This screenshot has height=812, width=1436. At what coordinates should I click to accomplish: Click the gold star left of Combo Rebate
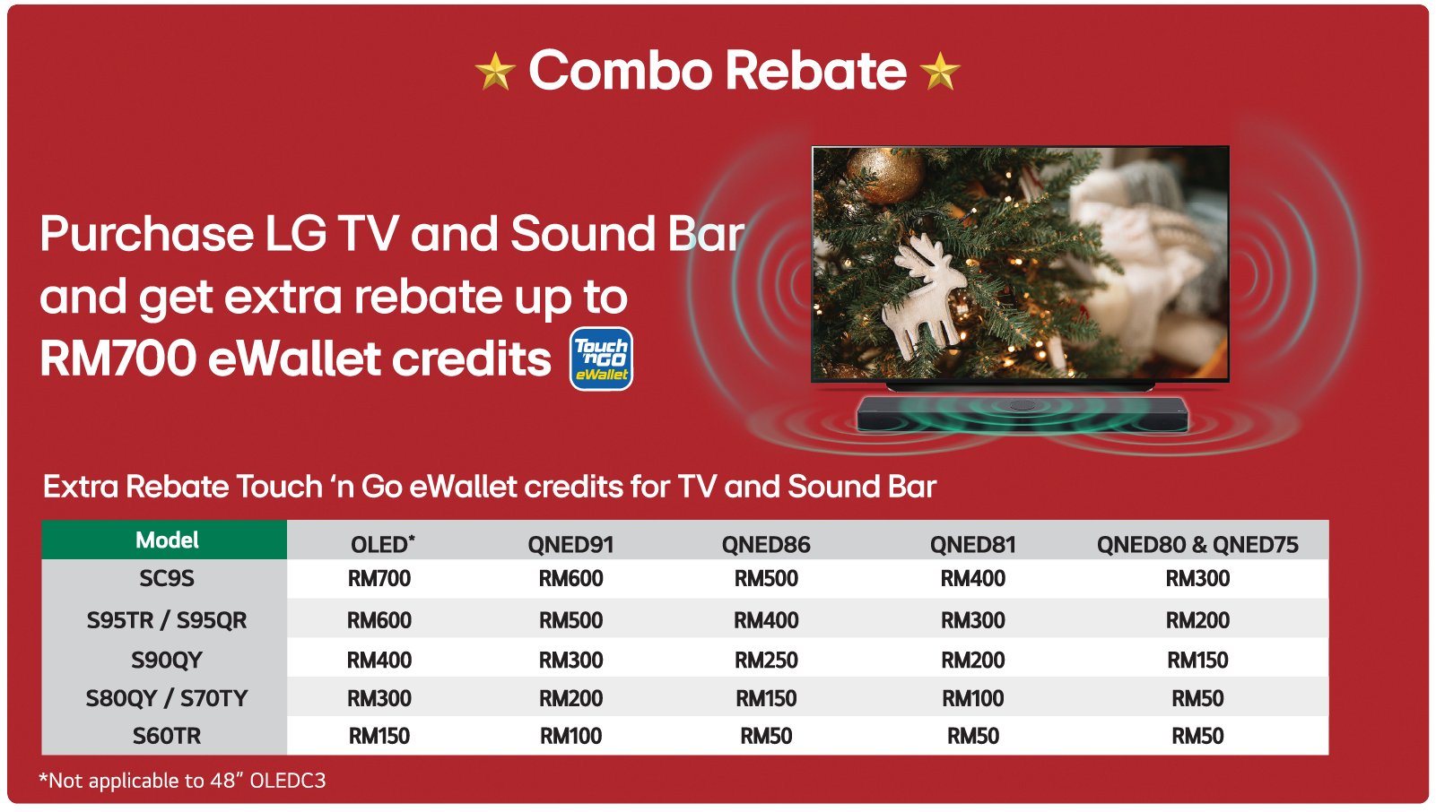(495, 71)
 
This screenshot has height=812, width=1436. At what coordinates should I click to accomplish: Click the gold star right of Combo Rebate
(940, 71)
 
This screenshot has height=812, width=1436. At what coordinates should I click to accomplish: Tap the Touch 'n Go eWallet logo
(601, 358)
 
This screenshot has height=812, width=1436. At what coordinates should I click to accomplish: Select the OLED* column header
(383, 544)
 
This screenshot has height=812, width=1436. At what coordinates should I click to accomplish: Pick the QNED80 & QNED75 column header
(1197, 544)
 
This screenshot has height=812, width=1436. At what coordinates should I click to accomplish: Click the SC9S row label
(167, 578)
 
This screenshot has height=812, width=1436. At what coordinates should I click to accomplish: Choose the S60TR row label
(167, 736)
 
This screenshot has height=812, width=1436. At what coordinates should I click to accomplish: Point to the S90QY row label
(167, 660)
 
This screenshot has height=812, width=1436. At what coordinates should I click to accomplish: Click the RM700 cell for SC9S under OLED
(379, 578)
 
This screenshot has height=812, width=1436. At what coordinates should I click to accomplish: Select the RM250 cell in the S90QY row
(766, 660)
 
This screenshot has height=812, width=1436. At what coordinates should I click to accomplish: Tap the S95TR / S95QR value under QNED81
(972, 620)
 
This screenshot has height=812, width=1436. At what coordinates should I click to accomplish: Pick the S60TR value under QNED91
(570, 736)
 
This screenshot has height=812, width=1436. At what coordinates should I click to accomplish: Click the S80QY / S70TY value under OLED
(379, 698)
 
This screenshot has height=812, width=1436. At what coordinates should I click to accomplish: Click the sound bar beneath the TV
(1022, 414)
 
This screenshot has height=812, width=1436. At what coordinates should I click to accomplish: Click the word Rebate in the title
(816, 71)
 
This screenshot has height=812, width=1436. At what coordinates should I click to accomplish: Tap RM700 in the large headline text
(118, 358)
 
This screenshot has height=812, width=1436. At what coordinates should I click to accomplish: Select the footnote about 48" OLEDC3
(182, 781)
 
